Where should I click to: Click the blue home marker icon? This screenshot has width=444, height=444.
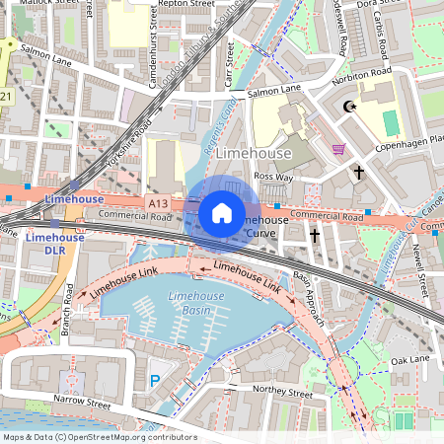click(222, 213)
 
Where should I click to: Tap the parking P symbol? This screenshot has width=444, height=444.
click(154, 379)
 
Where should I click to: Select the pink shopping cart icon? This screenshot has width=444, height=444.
click(339, 149)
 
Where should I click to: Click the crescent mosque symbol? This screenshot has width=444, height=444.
click(346, 107)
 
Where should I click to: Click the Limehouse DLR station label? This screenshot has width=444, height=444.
click(54, 244)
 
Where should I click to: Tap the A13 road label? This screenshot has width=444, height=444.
click(159, 202)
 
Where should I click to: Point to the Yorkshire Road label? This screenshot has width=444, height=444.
click(128, 148)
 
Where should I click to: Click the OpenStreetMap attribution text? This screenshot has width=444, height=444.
click(100, 436)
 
